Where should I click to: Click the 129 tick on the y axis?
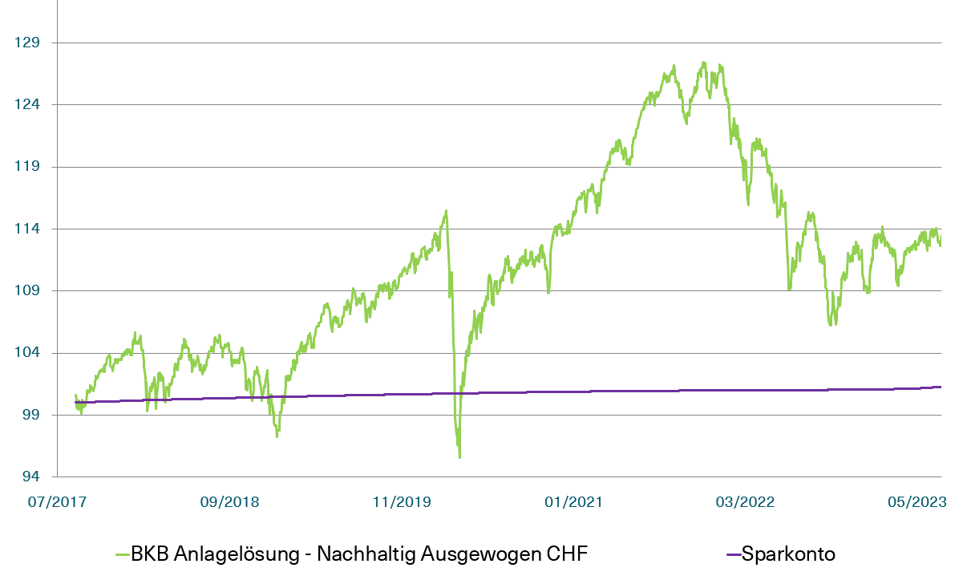point(26,43)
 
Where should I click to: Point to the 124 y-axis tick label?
point(26,104)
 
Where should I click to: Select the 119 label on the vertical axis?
point(26,167)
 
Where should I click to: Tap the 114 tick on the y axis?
point(26,229)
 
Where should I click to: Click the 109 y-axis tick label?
point(26,290)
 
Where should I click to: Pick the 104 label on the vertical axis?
point(26,353)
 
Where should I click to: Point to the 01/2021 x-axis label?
point(573,502)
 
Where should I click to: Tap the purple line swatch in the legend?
point(732,554)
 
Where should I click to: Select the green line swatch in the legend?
point(123,554)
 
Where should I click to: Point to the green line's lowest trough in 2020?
point(459,457)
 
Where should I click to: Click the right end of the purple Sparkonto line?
point(940,387)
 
